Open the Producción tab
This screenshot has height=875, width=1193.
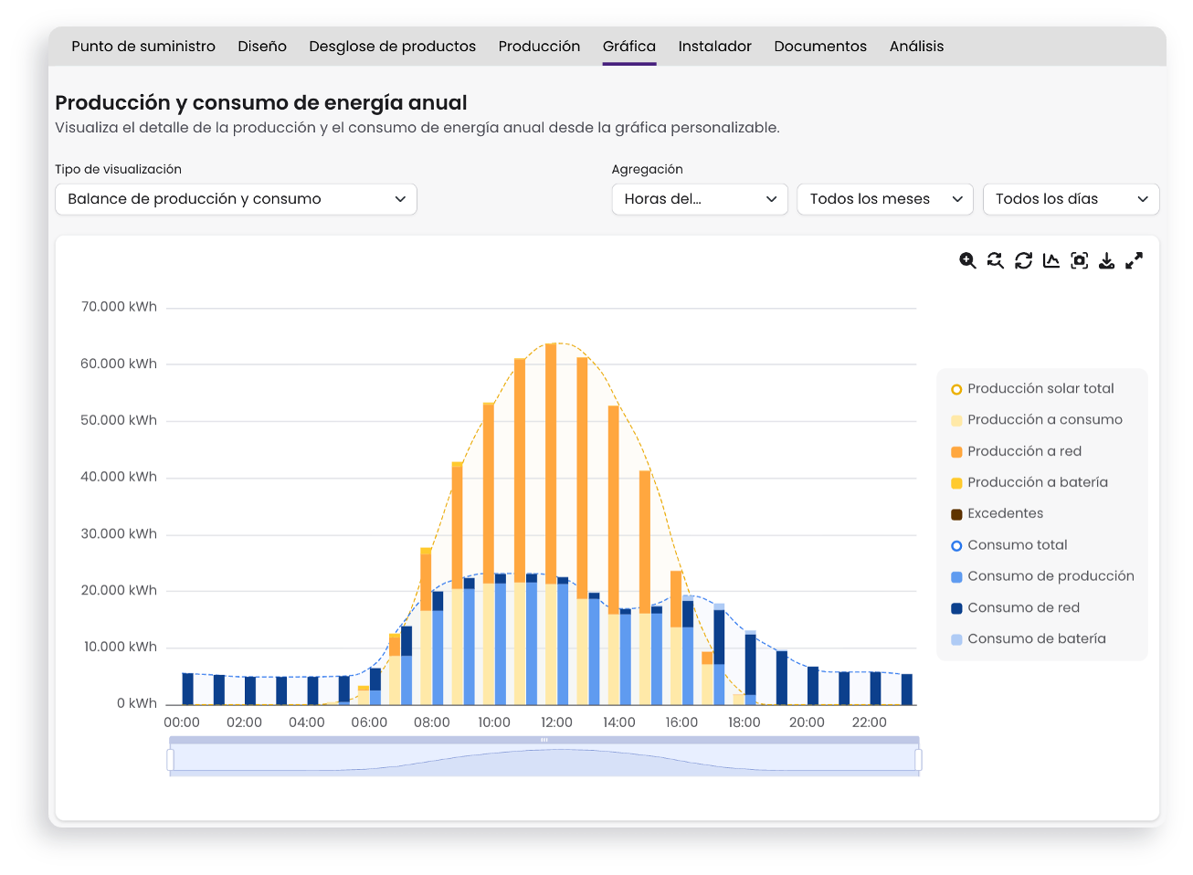(x=539, y=47)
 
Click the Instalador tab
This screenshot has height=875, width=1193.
(x=714, y=47)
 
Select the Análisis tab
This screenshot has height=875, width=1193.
(x=916, y=47)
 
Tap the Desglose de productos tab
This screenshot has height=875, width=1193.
(x=392, y=47)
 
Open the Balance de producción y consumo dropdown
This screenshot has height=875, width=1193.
(x=236, y=199)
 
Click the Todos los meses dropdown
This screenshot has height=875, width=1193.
(x=884, y=199)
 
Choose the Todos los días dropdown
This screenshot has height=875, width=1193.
(x=1071, y=199)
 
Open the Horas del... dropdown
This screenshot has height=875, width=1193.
(x=700, y=199)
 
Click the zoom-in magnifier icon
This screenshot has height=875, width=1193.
(x=967, y=260)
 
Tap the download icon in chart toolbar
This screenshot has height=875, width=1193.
(x=1106, y=260)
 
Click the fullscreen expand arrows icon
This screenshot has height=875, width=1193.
(x=1134, y=260)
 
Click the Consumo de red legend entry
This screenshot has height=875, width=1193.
(x=1015, y=608)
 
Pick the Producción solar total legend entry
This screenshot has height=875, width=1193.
(x=1032, y=389)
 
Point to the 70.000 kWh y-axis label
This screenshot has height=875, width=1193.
(x=119, y=307)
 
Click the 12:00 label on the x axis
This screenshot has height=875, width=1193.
(x=556, y=722)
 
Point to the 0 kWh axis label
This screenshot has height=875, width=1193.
(x=137, y=703)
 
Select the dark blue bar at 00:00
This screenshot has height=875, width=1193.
(x=187, y=690)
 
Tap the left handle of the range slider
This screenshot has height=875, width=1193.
(x=171, y=760)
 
